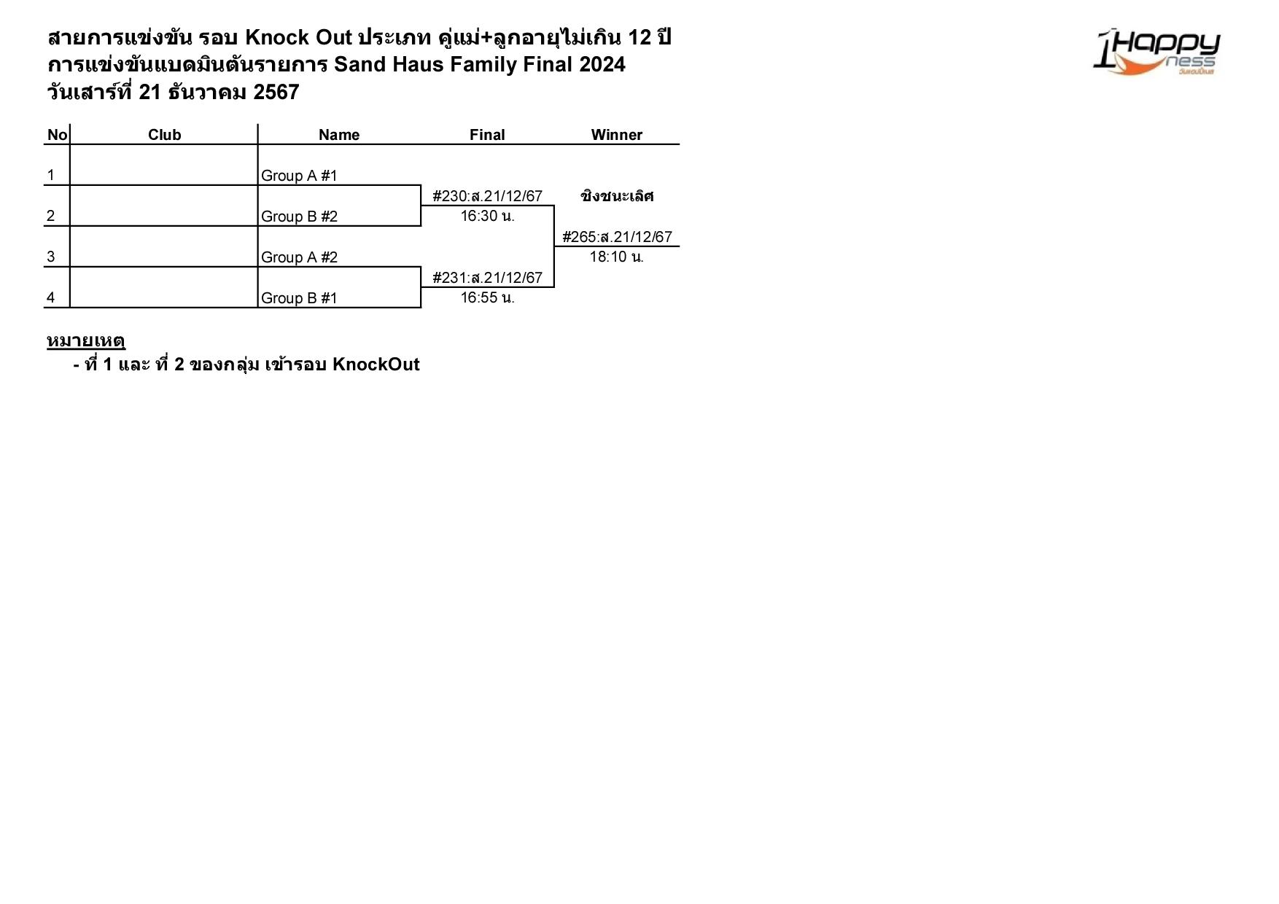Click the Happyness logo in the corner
(x=1156, y=52)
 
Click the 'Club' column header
(x=164, y=135)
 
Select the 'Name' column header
(x=338, y=135)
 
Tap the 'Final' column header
(x=486, y=135)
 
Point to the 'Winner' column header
(x=616, y=135)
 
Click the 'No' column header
(x=57, y=135)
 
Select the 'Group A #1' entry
(x=299, y=176)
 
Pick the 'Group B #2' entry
(x=299, y=217)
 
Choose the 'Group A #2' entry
(x=299, y=257)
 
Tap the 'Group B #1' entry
(x=299, y=298)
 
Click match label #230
(x=487, y=196)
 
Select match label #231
(x=487, y=278)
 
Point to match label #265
(x=617, y=237)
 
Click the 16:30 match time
(x=487, y=217)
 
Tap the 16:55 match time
(x=487, y=298)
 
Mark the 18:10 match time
(x=616, y=257)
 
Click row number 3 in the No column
(x=50, y=257)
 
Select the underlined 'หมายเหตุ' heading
(x=86, y=340)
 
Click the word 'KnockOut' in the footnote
(x=376, y=365)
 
